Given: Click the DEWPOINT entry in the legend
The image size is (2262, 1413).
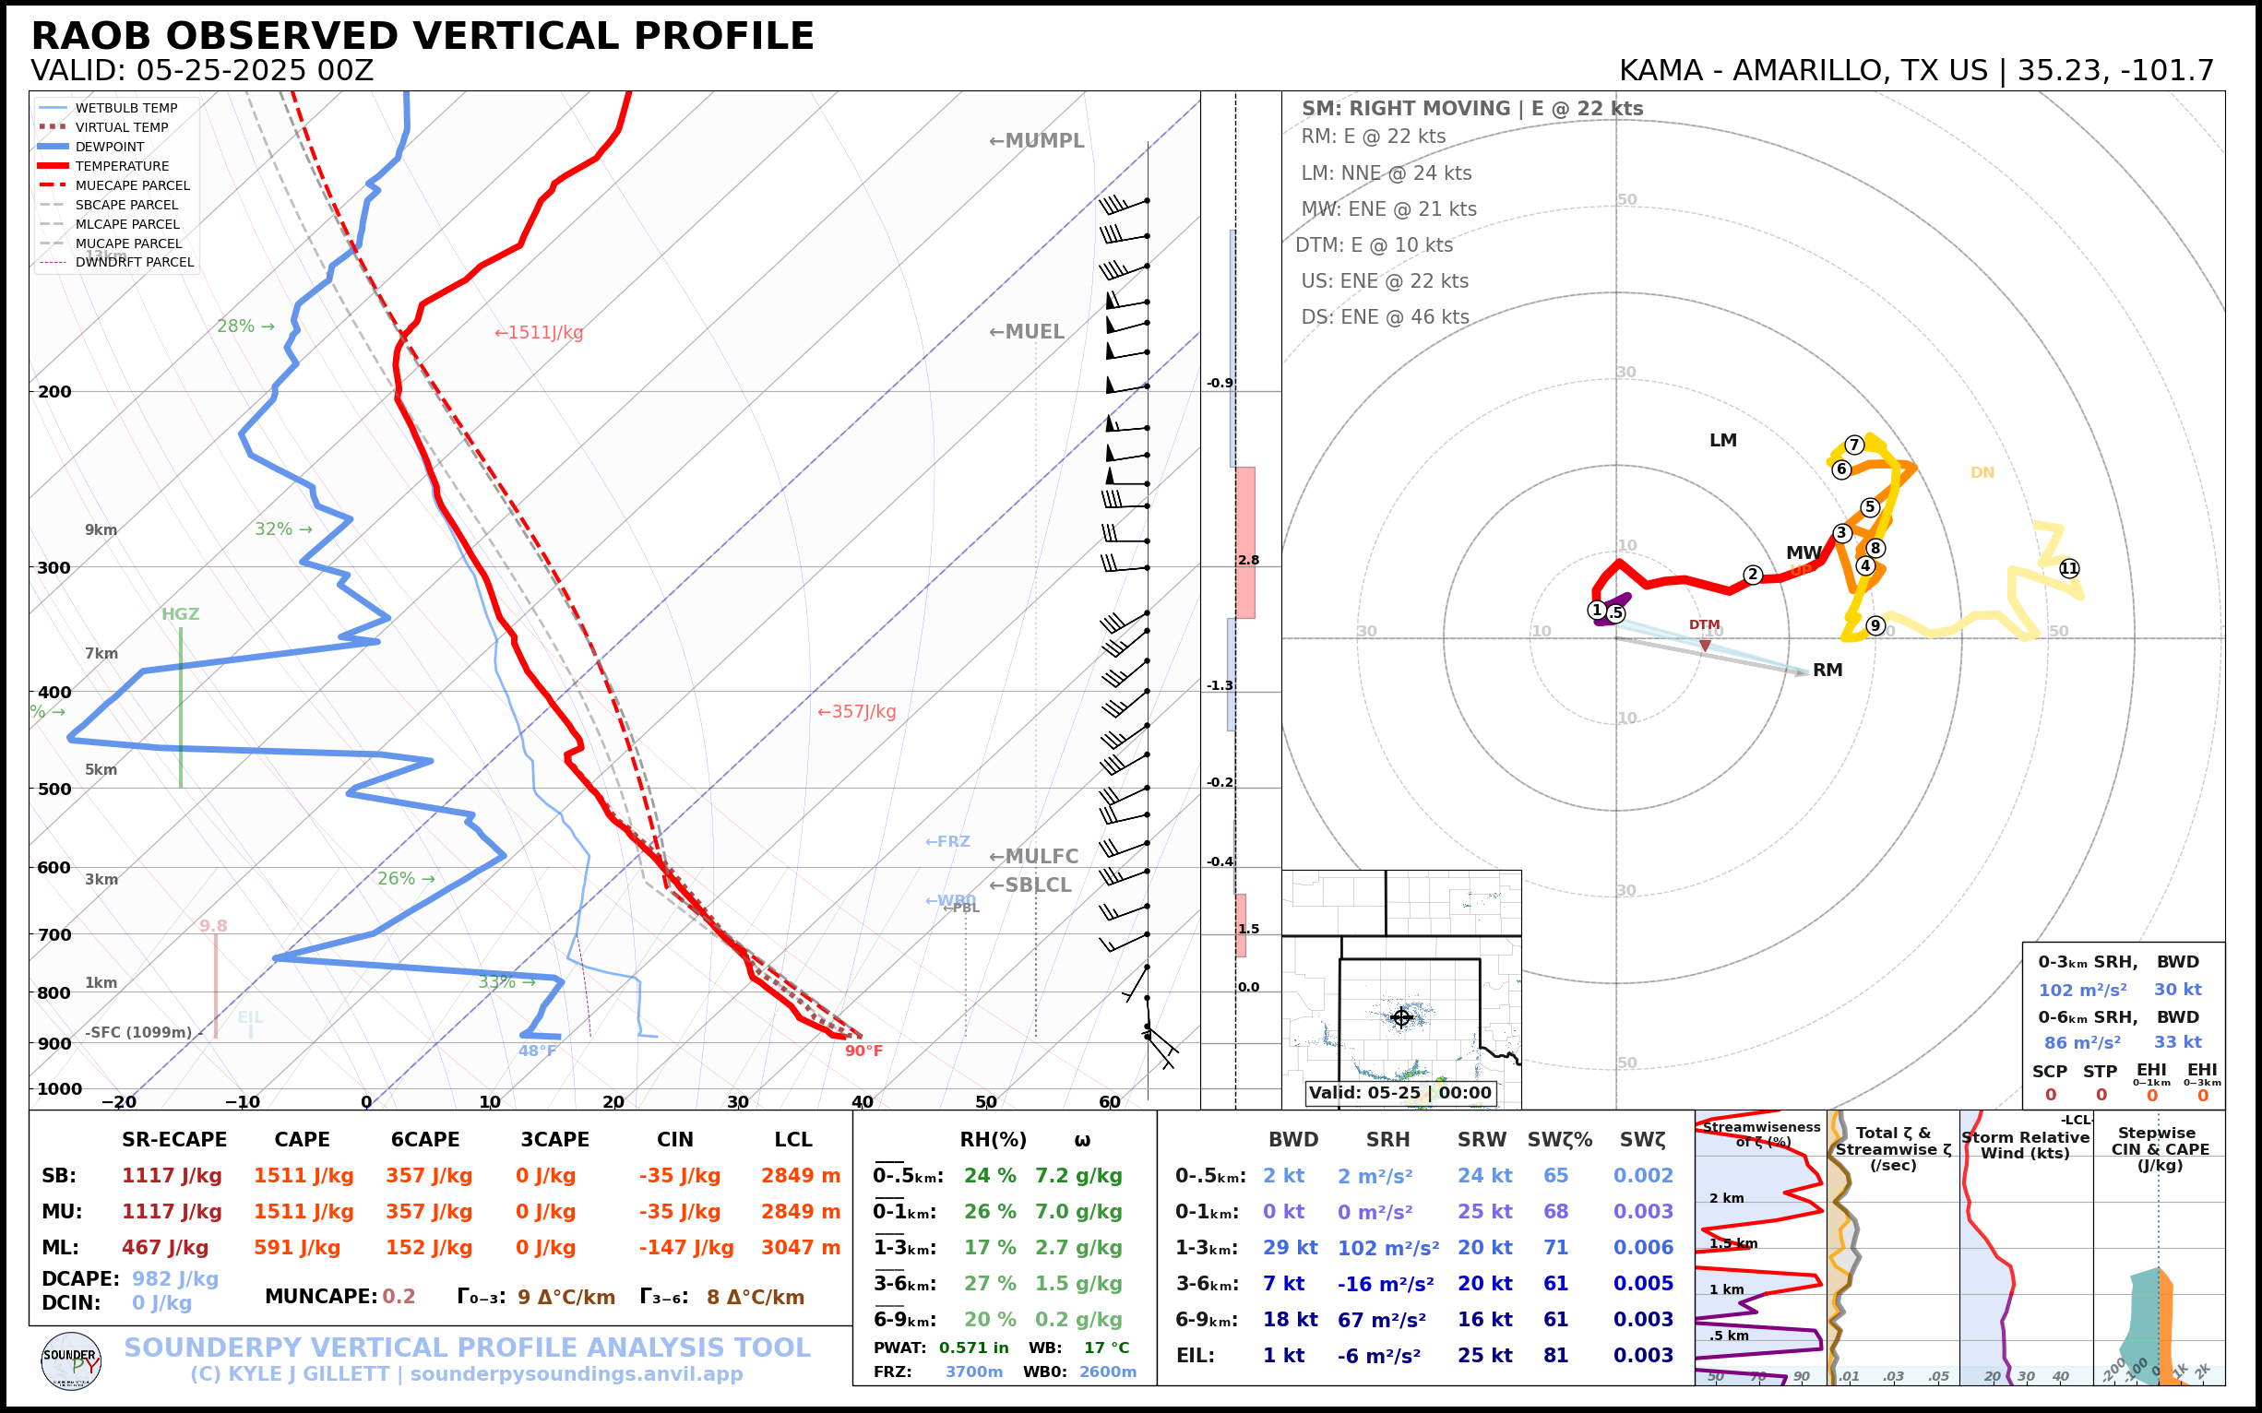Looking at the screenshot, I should point(110,147).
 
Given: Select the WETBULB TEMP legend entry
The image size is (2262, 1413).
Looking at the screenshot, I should point(125,109).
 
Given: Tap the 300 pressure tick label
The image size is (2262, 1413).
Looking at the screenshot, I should point(54,568).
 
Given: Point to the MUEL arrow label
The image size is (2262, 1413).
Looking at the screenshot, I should point(1027,333).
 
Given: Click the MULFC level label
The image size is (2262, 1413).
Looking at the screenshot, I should point(1033,857).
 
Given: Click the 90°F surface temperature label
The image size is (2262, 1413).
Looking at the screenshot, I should point(863,1051).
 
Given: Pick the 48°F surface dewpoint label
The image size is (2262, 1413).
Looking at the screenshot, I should point(537,1051).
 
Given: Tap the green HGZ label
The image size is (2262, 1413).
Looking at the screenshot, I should point(181,615).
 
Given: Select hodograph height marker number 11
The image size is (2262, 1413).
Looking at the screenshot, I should point(2068,568).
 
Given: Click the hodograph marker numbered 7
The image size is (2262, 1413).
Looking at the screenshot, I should point(1854,445).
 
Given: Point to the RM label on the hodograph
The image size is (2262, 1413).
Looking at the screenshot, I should point(1827,670).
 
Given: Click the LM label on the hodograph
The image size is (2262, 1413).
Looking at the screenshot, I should point(1722,440).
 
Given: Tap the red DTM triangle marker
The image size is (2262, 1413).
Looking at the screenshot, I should point(1705,645).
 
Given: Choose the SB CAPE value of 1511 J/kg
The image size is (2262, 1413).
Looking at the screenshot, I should point(304,1176).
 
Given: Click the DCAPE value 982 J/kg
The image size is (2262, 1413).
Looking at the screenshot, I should point(174,1278).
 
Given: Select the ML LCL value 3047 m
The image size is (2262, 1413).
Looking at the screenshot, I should point(800,1248).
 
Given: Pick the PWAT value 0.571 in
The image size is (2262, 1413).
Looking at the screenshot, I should point(973,1348).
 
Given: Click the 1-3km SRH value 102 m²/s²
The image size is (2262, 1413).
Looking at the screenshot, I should point(1387,1248).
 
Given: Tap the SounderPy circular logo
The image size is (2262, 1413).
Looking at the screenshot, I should point(71,1361).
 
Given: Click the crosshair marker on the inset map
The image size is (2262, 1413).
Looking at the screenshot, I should point(1401,1017).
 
